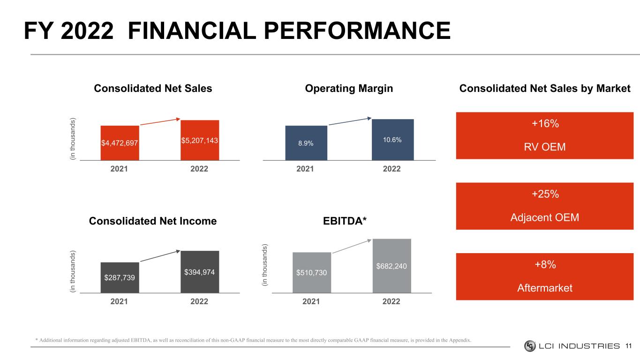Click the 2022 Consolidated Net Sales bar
click(x=200, y=140)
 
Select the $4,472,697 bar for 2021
click(x=120, y=143)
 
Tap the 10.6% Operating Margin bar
click(x=393, y=140)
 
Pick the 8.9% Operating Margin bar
click(x=306, y=143)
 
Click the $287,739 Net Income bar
click(x=120, y=277)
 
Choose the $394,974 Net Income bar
click(x=200, y=272)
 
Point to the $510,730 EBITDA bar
click(x=312, y=272)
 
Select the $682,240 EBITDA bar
click(x=392, y=266)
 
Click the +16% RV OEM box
click(x=544, y=135)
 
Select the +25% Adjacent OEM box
click(x=544, y=206)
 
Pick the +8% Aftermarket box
click(x=544, y=276)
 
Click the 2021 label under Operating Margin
click(x=306, y=169)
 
